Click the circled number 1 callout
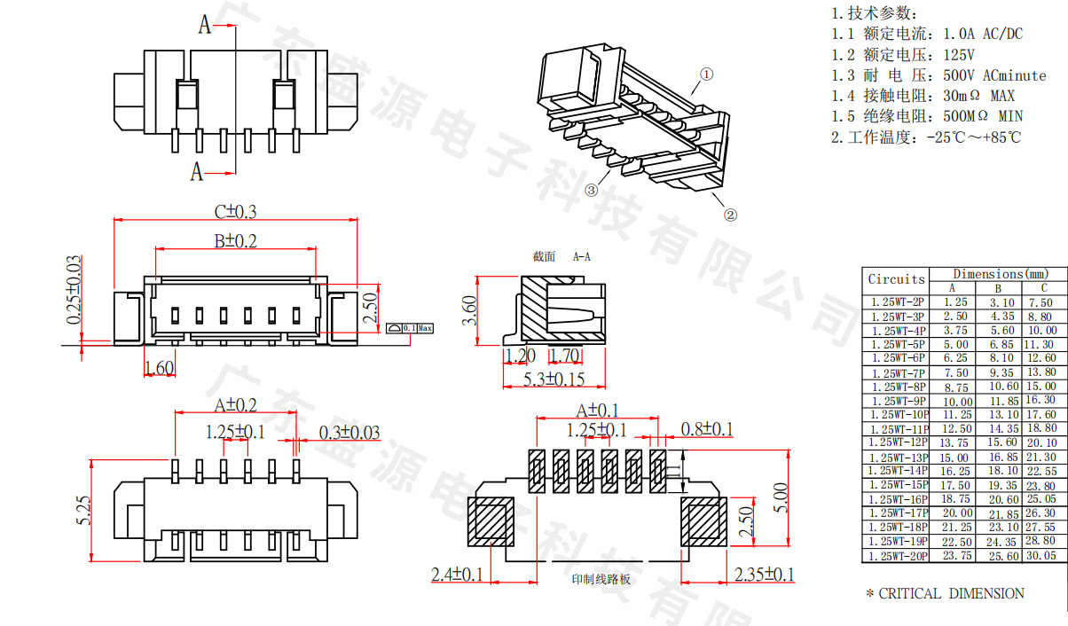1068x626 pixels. coord(706,75)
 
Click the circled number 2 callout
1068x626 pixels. coord(730,214)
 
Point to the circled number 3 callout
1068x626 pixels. coord(591,190)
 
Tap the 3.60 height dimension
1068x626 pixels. coord(470,310)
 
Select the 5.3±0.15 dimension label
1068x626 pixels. coord(554,379)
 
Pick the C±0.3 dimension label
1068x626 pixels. coord(235,212)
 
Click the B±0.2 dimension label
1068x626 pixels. coord(234,240)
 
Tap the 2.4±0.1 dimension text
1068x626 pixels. coord(457,575)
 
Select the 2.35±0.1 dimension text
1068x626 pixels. coord(765,575)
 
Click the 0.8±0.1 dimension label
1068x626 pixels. coord(707,430)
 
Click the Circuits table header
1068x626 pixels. coord(896,279)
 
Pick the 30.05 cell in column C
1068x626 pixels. coord(1041,556)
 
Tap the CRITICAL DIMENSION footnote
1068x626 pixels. coord(945,594)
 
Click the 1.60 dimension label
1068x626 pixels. coord(159,367)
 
